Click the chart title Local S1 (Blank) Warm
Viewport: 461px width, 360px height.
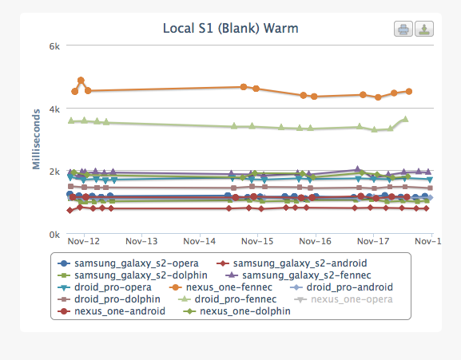pos(230,29)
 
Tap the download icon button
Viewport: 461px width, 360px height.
pos(424,29)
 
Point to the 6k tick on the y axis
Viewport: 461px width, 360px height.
pos(54,46)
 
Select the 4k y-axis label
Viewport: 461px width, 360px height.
pos(54,109)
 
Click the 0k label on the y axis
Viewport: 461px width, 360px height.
pos(54,235)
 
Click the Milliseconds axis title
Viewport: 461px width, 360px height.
pos(36,139)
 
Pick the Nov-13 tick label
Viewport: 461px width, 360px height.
pos(141,241)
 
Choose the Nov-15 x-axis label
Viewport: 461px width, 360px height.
pos(257,241)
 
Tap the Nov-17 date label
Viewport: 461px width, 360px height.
pos(373,241)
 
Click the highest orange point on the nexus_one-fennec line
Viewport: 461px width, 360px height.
pos(81,80)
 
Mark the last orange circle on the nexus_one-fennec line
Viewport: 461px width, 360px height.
pos(408,91)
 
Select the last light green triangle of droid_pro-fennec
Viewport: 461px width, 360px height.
pos(405,119)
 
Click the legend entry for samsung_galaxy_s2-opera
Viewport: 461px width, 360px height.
pos(128,263)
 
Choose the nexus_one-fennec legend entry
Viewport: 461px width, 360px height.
pos(221,287)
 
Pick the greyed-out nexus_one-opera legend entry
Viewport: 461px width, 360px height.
pos(344,299)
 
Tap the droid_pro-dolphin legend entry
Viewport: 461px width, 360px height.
pos(109,299)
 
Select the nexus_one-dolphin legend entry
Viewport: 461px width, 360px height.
pos(237,311)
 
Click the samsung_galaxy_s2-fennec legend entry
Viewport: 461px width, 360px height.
pos(299,275)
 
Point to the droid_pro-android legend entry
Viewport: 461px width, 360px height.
pos(341,287)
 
